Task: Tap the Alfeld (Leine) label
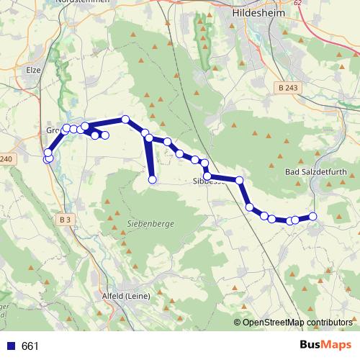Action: click(x=127, y=296)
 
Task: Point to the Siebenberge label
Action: click(x=150, y=224)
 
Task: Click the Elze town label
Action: click(x=33, y=71)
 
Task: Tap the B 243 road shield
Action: click(x=287, y=87)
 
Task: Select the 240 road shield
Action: click(x=6, y=159)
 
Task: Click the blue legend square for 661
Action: click(x=12, y=346)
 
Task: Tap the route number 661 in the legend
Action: click(x=30, y=346)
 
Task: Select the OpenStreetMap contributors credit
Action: click(x=297, y=322)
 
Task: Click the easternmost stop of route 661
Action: click(x=313, y=216)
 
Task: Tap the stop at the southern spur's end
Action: click(x=153, y=179)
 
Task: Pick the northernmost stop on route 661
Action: click(x=125, y=119)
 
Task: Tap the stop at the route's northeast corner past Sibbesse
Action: click(x=239, y=180)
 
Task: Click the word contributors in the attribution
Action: click(x=327, y=322)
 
